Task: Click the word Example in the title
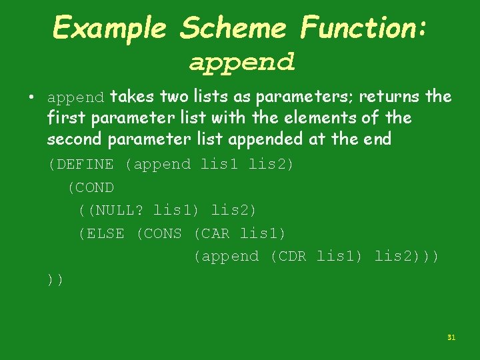109,28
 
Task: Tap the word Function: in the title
363,28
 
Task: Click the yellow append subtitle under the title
241,63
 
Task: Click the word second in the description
72,139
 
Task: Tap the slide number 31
451,338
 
